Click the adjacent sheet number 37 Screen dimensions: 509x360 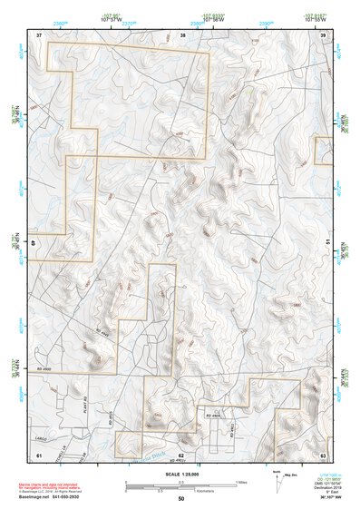pos(39,34)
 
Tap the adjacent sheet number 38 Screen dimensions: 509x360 pos(182,34)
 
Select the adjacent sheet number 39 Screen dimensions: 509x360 pos(324,34)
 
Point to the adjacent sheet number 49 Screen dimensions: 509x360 pos(36,241)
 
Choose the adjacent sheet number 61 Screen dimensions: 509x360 pos(39,453)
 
